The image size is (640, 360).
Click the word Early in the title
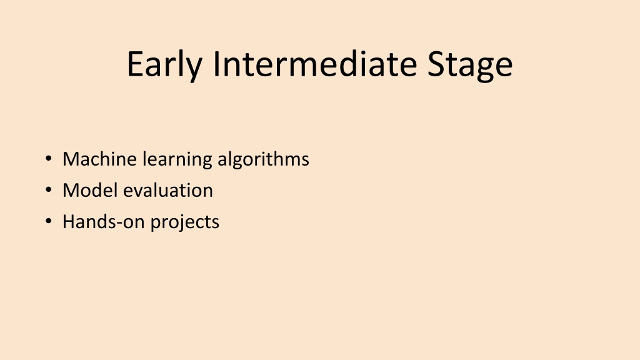tap(164, 64)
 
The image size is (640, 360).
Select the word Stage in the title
tap(470, 65)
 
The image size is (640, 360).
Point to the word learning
tap(177, 159)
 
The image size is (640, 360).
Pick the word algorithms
tap(263, 159)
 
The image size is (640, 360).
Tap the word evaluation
tap(168, 190)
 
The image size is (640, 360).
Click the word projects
tap(185, 223)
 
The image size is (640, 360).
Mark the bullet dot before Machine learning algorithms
tap(49, 158)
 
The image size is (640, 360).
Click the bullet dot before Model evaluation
tap(49, 190)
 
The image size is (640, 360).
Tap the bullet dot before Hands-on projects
tap(49, 221)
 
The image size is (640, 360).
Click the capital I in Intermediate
tap(217, 64)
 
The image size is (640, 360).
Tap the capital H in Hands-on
tap(69, 222)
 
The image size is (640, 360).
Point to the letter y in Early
tap(194, 69)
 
